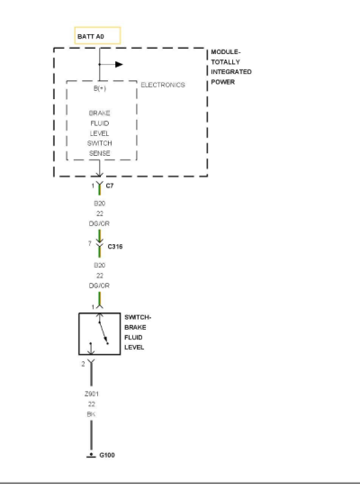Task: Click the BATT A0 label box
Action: (97, 36)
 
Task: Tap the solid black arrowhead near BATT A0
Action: (119, 64)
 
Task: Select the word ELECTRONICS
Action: (163, 85)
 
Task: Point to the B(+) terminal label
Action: (100, 88)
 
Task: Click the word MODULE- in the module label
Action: (226, 52)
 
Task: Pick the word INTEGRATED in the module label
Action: (231, 72)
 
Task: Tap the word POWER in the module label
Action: (223, 82)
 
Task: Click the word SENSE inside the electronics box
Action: (100, 153)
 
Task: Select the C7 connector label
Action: (110, 186)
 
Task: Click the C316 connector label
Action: (115, 247)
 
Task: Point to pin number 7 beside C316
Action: (90, 243)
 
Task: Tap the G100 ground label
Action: (107, 455)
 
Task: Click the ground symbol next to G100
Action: (91, 455)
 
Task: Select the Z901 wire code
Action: (92, 394)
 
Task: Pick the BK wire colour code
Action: (91, 414)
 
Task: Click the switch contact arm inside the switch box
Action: (103, 332)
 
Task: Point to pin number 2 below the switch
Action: (83, 364)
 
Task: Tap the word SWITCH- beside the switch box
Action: (138, 317)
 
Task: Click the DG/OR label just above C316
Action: (99, 223)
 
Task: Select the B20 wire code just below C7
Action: (100, 204)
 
